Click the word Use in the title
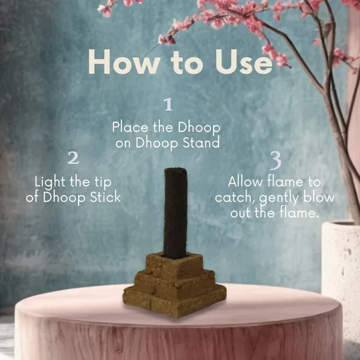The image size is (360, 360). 244,62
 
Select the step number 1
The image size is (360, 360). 169,104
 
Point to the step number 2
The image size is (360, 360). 73,157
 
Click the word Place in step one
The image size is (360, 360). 130,128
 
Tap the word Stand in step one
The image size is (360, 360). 201,142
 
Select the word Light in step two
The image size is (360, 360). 50,182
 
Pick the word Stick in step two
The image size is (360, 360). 106,197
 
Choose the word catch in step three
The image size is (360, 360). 234,197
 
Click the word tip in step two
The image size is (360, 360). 103,183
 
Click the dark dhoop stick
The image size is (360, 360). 175,213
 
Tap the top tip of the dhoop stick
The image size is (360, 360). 175,169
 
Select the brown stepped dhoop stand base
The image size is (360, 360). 175,284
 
